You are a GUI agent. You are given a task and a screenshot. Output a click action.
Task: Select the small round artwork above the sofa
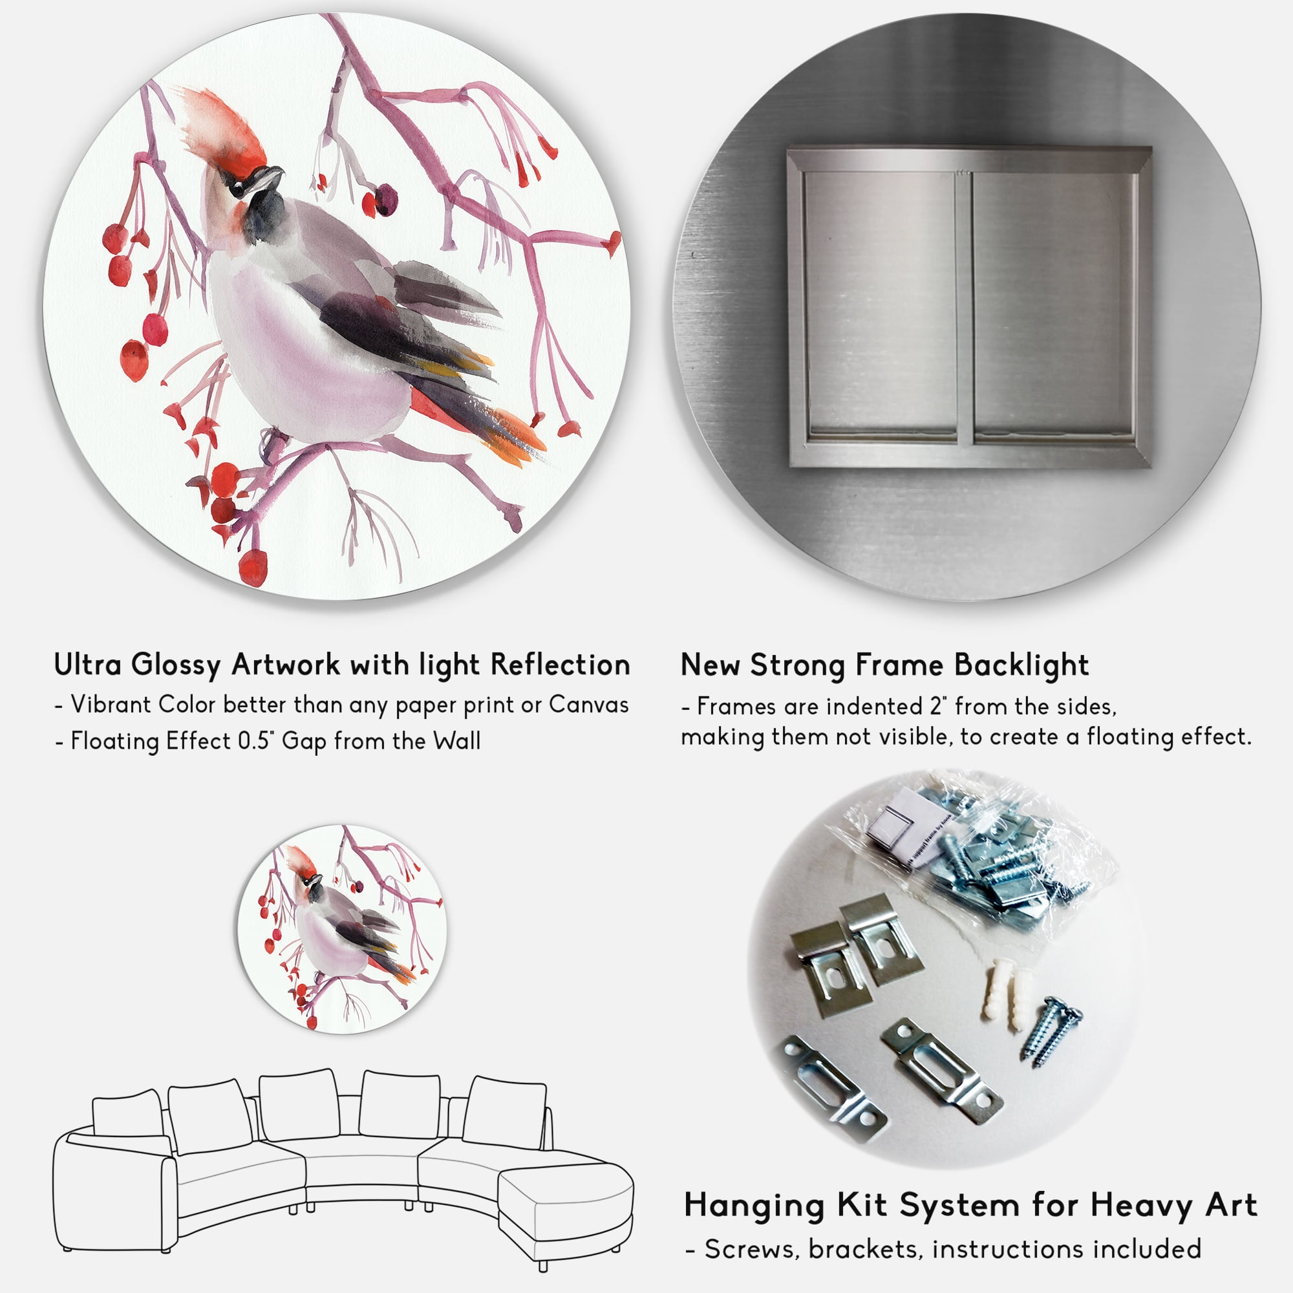343,929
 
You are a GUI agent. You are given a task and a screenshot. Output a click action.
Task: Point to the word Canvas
588,705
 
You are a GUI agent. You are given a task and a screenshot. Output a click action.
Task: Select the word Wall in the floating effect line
456,741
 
